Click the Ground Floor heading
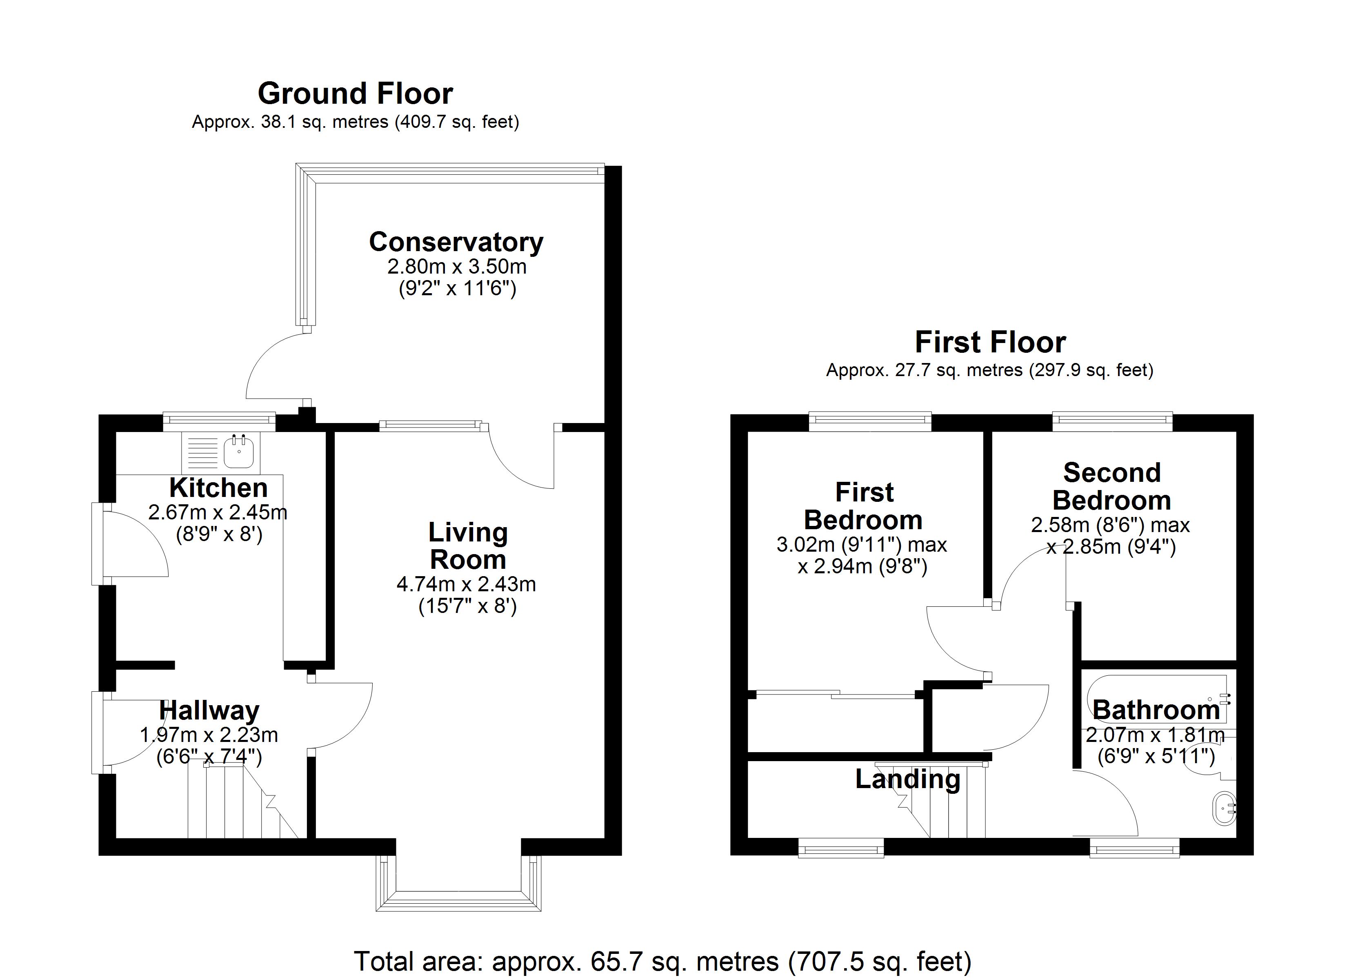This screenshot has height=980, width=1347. pyautogui.click(x=355, y=94)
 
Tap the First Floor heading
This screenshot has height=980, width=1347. pyautogui.click(x=990, y=342)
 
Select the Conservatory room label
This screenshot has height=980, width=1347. pyautogui.click(x=456, y=242)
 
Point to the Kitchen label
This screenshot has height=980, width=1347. pyautogui.click(x=218, y=488)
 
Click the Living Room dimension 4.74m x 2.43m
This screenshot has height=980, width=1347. pyautogui.click(x=466, y=584)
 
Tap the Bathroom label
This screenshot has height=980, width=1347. pyautogui.click(x=1156, y=710)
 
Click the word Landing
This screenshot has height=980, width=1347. pyautogui.click(x=907, y=779)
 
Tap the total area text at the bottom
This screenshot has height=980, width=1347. pyautogui.click(x=662, y=961)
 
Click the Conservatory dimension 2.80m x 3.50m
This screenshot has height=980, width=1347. pyautogui.click(x=457, y=266)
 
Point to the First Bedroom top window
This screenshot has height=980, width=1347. pyautogui.click(x=870, y=421)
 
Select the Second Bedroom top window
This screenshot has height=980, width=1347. pyautogui.click(x=1112, y=421)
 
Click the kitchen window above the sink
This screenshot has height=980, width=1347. pyautogui.click(x=219, y=422)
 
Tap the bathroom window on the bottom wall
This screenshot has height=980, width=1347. pyautogui.click(x=1134, y=848)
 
